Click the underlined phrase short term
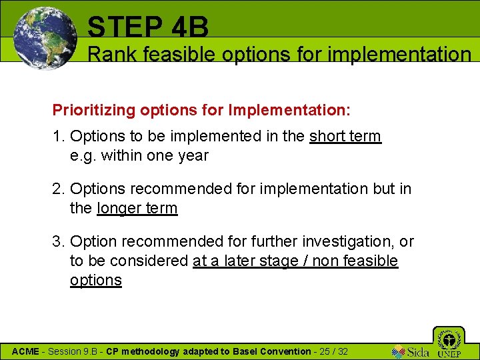tap(345, 137)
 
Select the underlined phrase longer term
tap(137, 208)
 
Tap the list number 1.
tap(57, 137)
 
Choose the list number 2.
tap(57, 189)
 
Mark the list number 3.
tap(57, 241)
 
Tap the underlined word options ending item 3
tap(96, 280)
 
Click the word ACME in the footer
tap(26, 351)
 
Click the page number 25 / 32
tap(333, 351)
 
